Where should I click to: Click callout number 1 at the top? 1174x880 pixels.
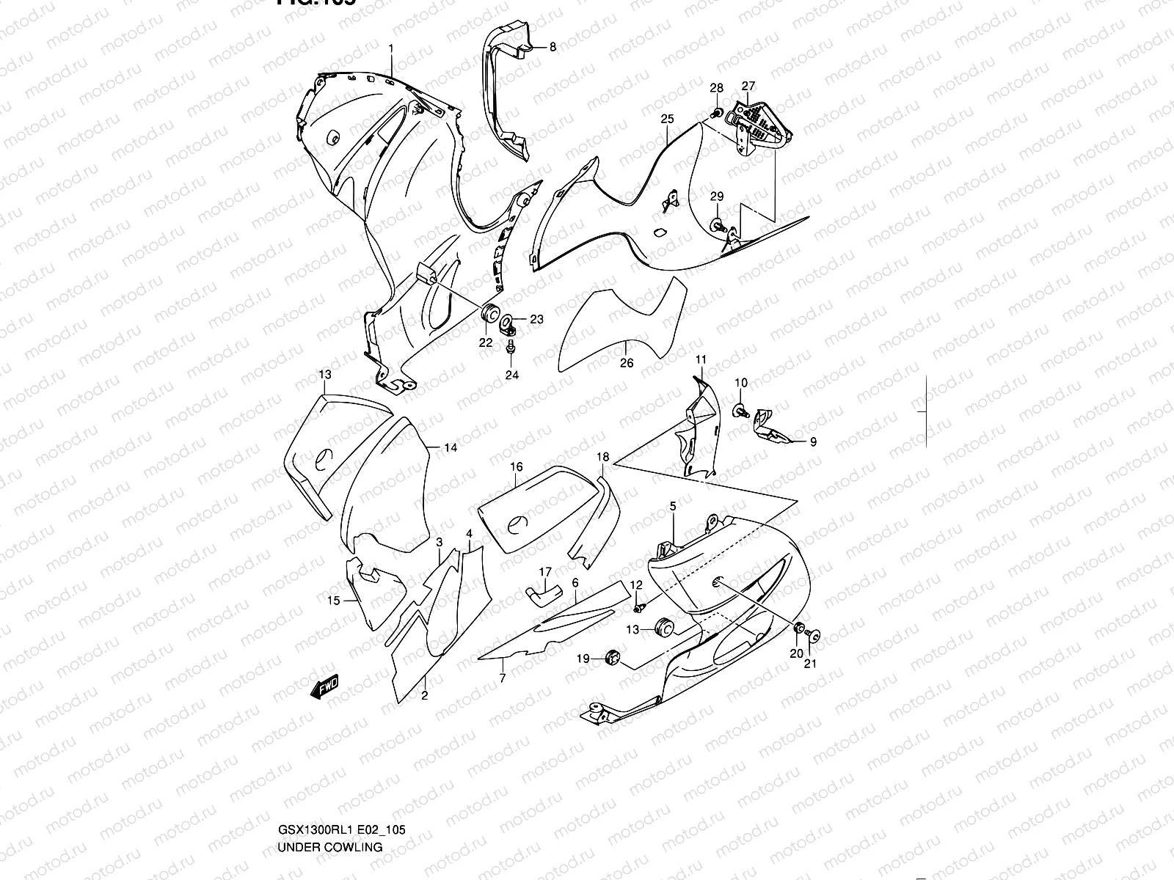click(391, 48)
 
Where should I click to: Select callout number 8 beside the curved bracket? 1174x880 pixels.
click(553, 47)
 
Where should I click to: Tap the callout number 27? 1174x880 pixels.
click(748, 86)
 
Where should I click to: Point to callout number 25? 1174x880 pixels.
click(666, 119)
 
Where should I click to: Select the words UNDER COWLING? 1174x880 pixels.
click(329, 847)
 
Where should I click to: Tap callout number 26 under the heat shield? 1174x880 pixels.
click(626, 362)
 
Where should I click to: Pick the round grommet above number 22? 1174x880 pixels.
click(486, 311)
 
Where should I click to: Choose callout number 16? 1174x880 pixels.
click(517, 467)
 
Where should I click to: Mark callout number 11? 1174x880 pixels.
click(701, 359)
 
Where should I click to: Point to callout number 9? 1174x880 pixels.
click(812, 442)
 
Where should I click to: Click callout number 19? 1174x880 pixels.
click(583, 659)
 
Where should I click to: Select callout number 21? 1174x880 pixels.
click(810, 664)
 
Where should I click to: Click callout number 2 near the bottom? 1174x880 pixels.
click(424, 696)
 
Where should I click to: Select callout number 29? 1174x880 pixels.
click(717, 197)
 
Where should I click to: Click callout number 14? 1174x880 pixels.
click(450, 447)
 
